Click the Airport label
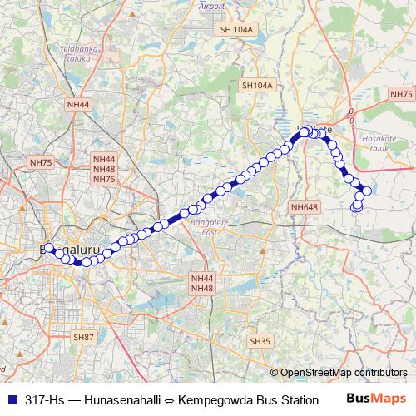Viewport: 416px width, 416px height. (x=212, y=7)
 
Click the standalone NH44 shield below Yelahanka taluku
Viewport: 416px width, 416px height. (x=78, y=103)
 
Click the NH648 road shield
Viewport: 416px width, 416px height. (x=305, y=206)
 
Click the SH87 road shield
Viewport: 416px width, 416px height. (x=83, y=337)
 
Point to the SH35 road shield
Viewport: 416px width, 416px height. (x=260, y=341)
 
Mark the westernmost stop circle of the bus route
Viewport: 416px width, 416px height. (x=47, y=248)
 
